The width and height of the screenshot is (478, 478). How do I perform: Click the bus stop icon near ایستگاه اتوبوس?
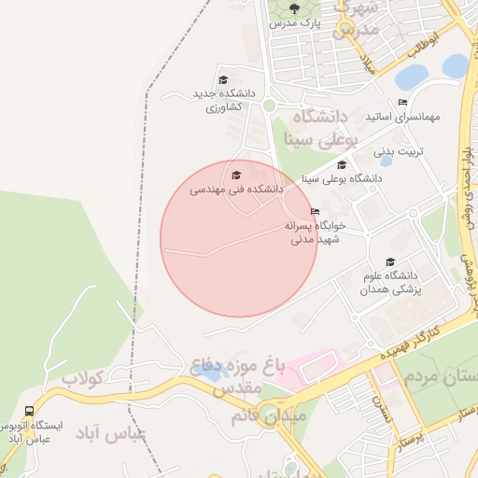click(29, 411)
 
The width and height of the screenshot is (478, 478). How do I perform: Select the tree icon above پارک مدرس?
click(295, 9)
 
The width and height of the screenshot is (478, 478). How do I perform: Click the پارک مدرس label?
click(295, 23)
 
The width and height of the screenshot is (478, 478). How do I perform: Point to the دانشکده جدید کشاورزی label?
click(224, 100)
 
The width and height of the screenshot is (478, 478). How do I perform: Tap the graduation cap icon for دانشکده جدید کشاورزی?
click(222, 79)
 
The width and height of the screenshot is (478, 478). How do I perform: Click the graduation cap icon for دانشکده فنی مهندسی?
click(236, 175)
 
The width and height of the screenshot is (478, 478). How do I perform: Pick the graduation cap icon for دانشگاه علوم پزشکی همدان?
click(390, 261)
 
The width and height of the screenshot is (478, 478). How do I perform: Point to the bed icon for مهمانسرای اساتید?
click(402, 102)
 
